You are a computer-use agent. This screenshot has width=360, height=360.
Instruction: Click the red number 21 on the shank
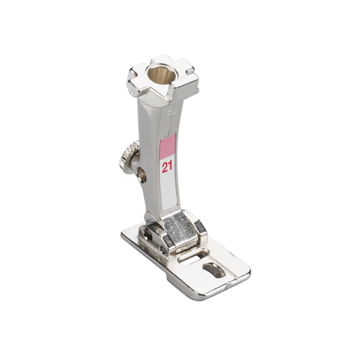click(167, 167)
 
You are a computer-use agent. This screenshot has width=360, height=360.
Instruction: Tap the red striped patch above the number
click(168, 147)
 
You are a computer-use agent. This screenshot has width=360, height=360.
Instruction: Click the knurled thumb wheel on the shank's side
click(127, 157)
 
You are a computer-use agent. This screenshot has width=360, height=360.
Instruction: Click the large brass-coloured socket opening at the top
click(159, 75)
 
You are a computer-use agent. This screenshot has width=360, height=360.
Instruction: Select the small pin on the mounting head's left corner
click(133, 93)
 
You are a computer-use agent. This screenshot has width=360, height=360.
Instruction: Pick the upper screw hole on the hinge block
click(147, 236)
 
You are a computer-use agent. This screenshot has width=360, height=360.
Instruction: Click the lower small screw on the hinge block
click(163, 249)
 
